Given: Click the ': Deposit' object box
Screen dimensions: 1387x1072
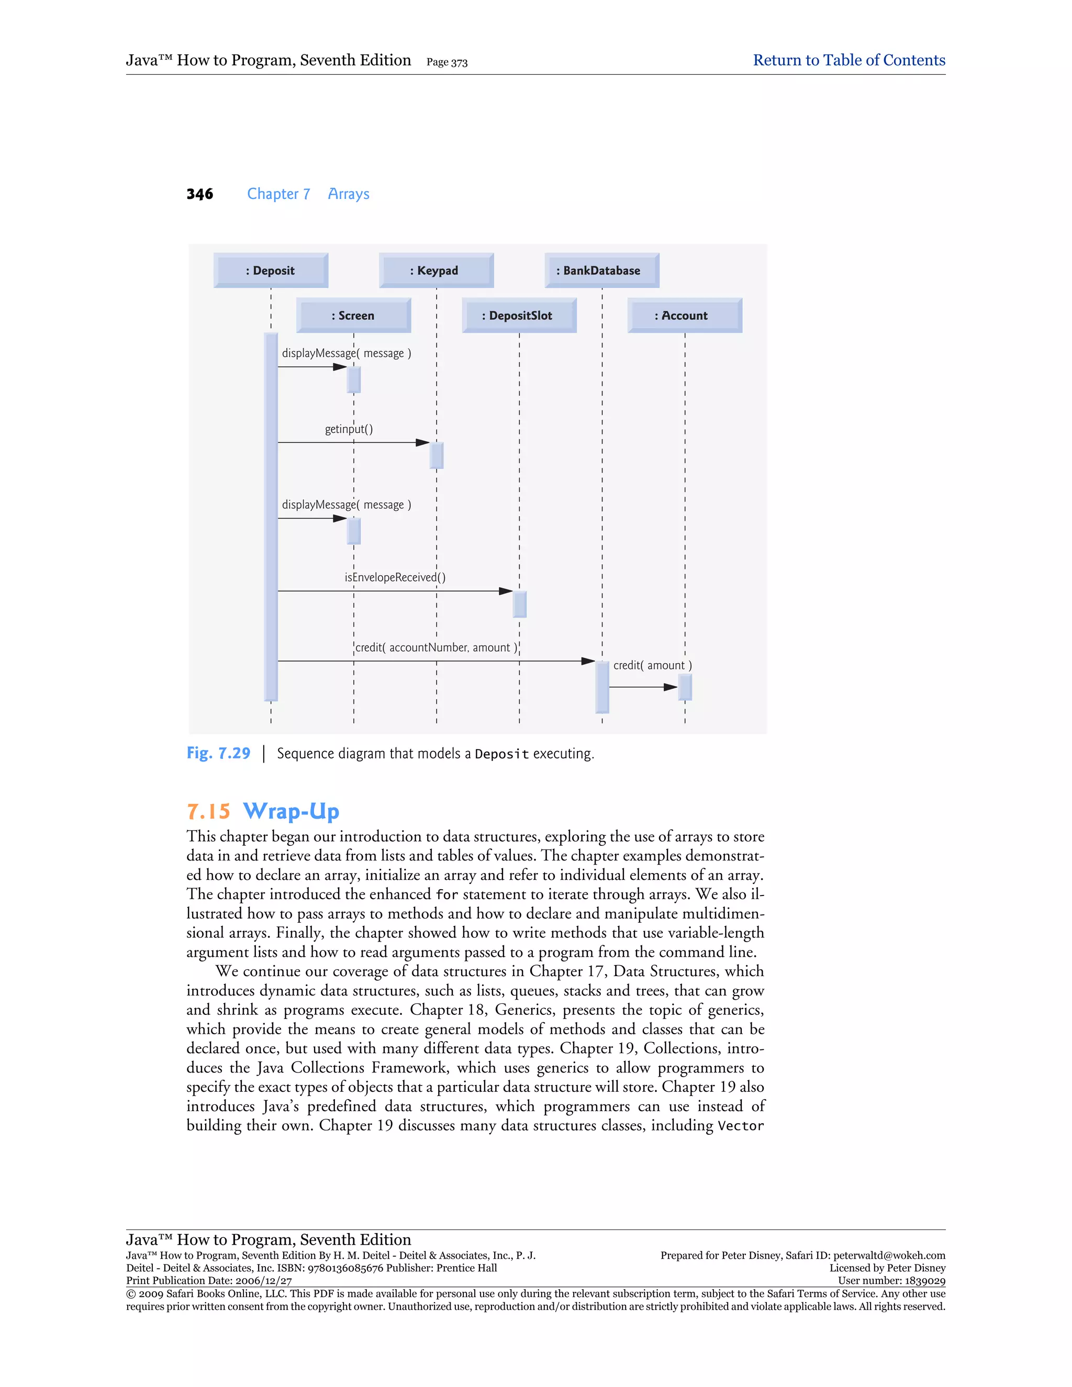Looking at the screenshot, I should coord(271,271).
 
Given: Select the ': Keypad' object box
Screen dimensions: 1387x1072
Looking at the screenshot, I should coord(437,271).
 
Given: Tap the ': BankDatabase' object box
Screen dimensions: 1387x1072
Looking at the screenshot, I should coord(601,271).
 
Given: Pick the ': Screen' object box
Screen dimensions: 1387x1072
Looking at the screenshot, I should coord(353,316).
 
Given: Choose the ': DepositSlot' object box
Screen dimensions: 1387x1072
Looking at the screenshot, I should coord(519,316).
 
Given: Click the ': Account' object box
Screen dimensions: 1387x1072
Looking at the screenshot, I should coord(685,316).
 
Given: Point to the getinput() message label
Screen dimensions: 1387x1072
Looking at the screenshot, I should coord(349,429).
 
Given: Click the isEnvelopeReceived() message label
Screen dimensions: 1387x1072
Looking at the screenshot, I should coord(395,577).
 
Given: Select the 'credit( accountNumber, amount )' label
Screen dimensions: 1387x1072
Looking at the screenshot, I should coord(437,648).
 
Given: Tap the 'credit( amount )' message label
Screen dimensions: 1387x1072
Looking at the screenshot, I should coord(652,666).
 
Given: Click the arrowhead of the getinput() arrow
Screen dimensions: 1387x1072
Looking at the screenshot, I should coord(423,443).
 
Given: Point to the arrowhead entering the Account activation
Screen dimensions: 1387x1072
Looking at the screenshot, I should coord(671,687).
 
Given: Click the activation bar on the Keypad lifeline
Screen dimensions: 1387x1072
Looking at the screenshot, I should coord(437,455).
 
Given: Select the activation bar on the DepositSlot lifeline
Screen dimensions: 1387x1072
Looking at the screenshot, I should coord(519,604).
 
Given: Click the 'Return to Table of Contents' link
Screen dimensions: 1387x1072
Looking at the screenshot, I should coord(848,60).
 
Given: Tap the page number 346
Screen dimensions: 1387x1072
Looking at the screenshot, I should coord(199,194).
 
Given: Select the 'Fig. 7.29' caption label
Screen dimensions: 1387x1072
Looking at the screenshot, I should coord(218,753).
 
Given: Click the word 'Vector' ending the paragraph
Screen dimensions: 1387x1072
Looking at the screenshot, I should coord(741,1126).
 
